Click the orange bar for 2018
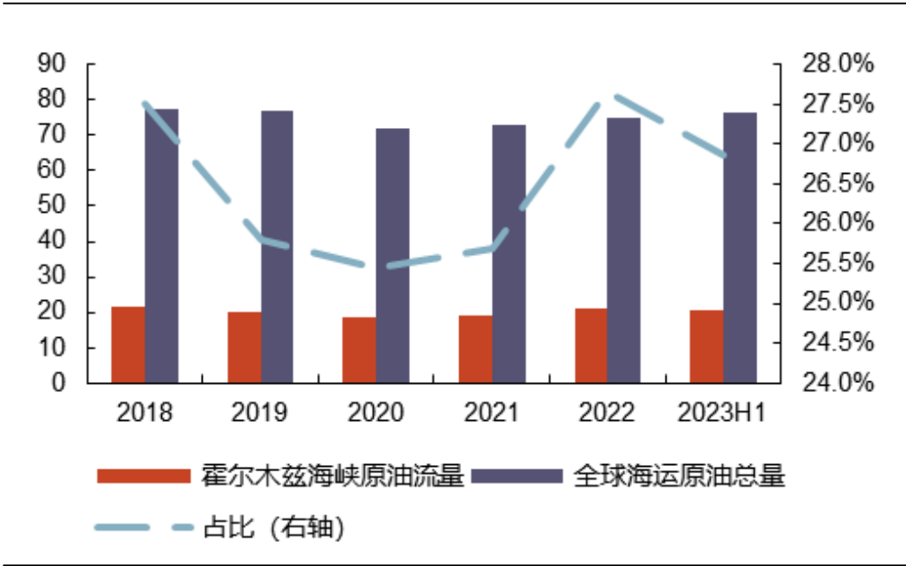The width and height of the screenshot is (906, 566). (128, 345)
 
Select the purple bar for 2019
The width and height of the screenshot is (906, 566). (277, 247)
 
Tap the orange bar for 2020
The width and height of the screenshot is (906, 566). (358, 351)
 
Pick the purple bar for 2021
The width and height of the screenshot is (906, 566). (509, 254)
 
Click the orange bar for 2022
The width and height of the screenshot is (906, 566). (591, 346)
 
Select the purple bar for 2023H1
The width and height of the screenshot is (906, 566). (740, 248)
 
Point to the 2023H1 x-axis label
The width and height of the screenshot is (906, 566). (722, 414)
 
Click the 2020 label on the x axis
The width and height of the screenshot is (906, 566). (376, 414)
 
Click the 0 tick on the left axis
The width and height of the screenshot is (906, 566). (59, 383)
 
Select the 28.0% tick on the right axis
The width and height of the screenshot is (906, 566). (838, 64)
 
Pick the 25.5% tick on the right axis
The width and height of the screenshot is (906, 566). (838, 263)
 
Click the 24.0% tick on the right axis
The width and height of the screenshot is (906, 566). (838, 383)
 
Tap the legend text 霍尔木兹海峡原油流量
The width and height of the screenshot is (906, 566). (332, 476)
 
